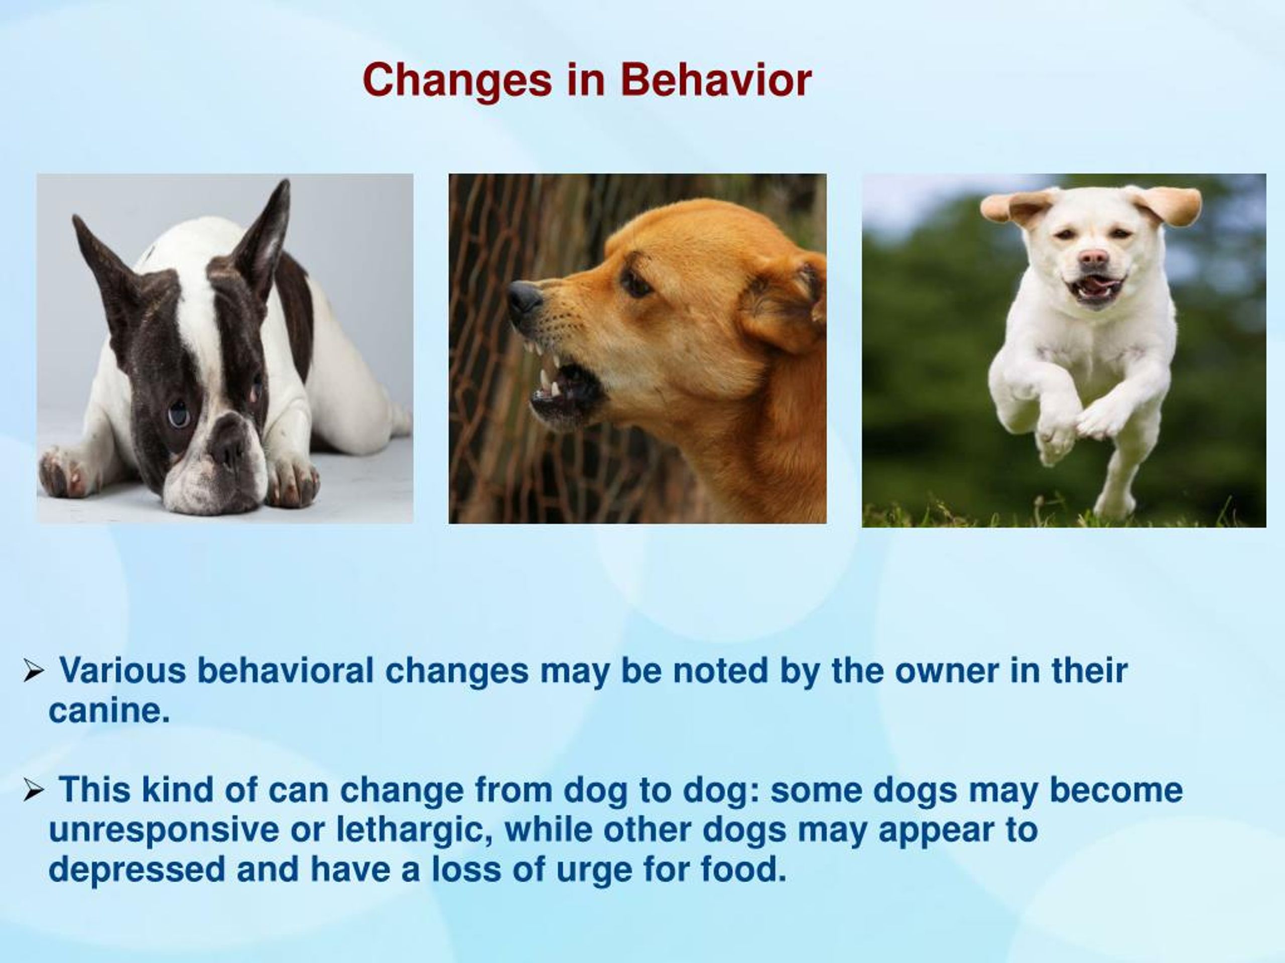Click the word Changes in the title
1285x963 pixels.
pyautogui.click(x=457, y=81)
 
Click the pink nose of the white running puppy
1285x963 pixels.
pyautogui.click(x=1093, y=257)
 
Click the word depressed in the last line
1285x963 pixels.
pyautogui.click(x=136, y=870)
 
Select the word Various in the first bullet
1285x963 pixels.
pyautogui.click(x=123, y=670)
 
